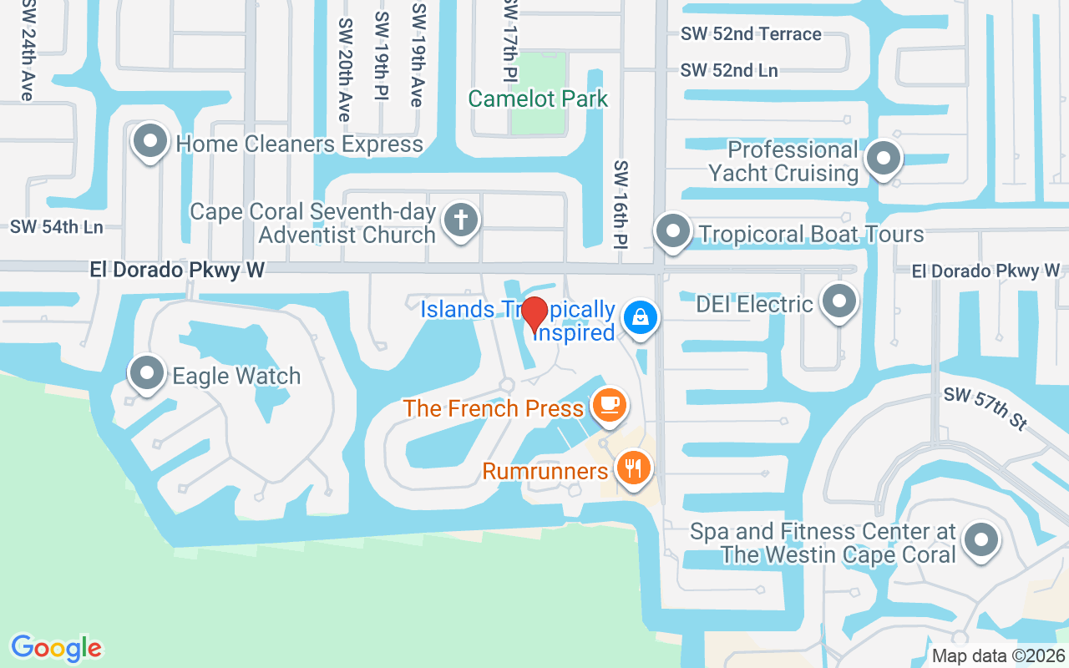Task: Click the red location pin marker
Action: [534, 314]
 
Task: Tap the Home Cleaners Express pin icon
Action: [150, 141]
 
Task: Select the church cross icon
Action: [460, 221]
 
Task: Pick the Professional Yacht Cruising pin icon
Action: [881, 159]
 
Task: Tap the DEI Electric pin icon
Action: [838, 301]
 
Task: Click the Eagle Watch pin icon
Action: [147, 373]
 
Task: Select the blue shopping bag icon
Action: [641, 317]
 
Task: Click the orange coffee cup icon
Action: [609, 407]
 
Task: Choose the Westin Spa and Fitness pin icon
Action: [980, 539]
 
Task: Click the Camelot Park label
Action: [538, 99]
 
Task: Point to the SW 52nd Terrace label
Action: [751, 34]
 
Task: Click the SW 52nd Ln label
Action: [729, 71]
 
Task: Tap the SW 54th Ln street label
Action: [57, 227]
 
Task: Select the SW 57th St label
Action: [985, 408]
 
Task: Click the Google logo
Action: [56, 647]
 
